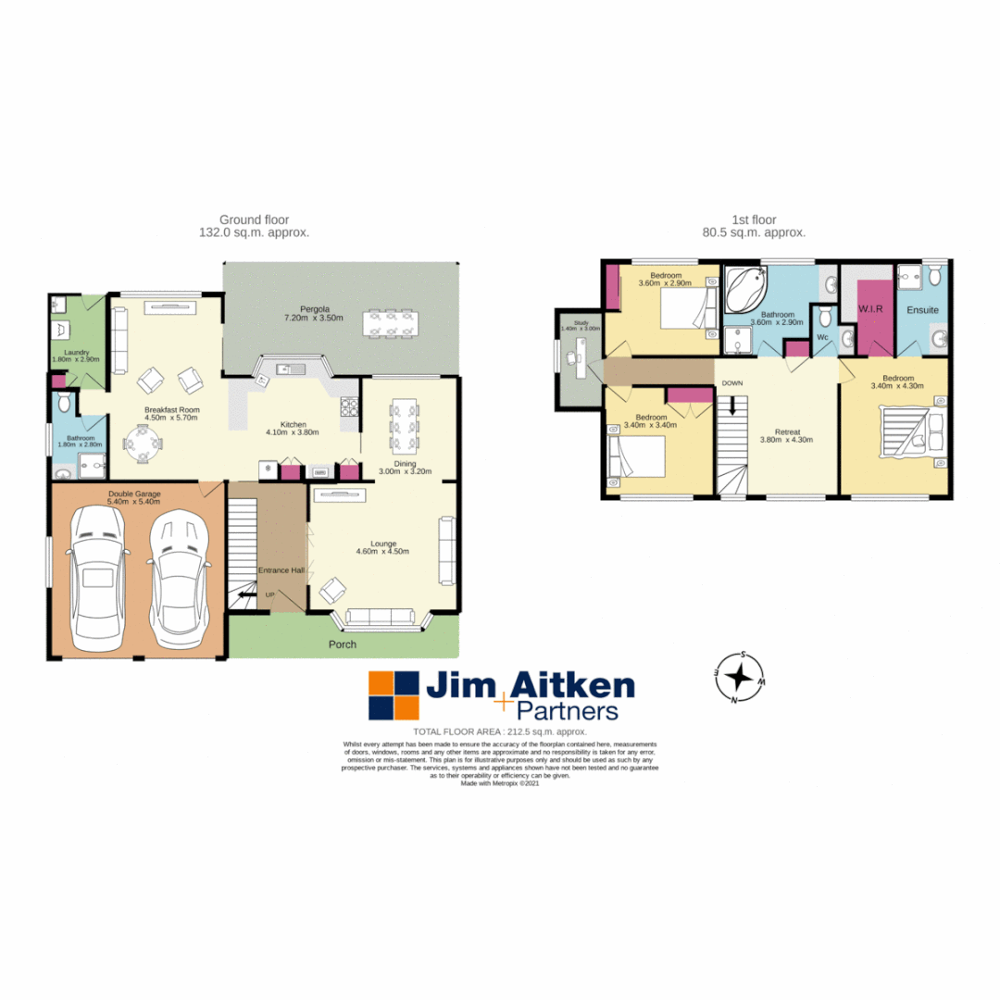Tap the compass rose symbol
click(x=739, y=679)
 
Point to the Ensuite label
click(x=922, y=308)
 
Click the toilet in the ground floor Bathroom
click(x=64, y=403)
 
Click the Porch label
click(x=341, y=644)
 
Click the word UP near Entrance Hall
click(x=269, y=594)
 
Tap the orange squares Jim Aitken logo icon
click(x=394, y=696)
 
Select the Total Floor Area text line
click(x=500, y=731)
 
